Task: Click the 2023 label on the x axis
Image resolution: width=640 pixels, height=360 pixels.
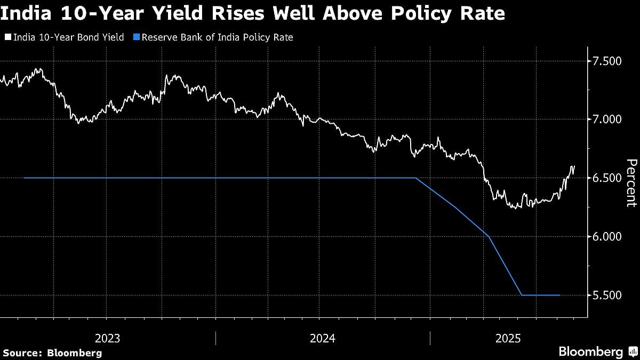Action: point(107,338)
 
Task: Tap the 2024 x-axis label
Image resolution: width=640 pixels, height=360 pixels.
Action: point(322,338)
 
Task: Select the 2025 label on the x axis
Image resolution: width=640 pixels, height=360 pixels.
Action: point(508,338)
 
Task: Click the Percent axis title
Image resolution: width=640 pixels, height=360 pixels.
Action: point(631,182)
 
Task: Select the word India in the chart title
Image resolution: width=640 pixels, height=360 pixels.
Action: point(25,13)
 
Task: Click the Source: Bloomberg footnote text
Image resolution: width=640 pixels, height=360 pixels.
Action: point(52,353)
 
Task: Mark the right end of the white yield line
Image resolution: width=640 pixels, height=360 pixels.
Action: point(574,166)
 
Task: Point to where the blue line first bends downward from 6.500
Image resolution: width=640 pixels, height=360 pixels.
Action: point(416,178)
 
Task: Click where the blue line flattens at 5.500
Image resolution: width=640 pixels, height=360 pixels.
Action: point(522,295)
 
